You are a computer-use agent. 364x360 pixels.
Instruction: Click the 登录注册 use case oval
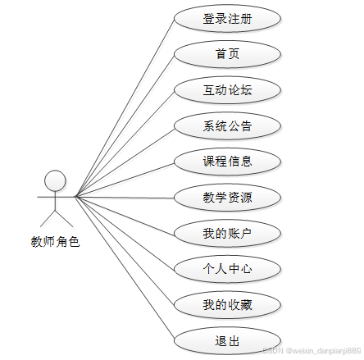pos(227,19)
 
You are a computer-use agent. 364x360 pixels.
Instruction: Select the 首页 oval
pos(227,54)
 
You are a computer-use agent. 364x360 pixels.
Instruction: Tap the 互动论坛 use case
pos(227,90)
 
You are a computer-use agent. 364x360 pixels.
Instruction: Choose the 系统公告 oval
pos(227,126)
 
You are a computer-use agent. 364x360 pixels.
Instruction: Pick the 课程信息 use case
pos(227,162)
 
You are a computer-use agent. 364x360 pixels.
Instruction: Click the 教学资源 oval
pos(227,198)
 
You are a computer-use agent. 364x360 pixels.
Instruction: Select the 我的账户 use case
pos(227,234)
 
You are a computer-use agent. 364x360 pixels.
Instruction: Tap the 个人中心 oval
pos(227,270)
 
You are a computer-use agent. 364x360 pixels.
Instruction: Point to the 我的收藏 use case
pos(227,305)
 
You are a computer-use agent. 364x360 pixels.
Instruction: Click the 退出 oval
pos(227,341)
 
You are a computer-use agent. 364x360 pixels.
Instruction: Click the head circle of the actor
pos(55,180)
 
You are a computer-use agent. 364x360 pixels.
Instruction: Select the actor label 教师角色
pos(55,242)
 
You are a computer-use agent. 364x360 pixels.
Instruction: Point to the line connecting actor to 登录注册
pos(125,107)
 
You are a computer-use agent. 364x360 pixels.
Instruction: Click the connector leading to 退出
pos(125,269)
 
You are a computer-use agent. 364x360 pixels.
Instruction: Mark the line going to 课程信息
pos(125,180)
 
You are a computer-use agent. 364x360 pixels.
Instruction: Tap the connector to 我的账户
pos(125,216)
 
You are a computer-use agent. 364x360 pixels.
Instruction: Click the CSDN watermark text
pos(312,350)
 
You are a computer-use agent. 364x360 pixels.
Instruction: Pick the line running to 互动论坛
pos(125,144)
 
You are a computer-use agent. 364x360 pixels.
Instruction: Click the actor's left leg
pos(48,219)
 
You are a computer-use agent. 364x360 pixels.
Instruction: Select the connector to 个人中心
pos(125,234)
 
